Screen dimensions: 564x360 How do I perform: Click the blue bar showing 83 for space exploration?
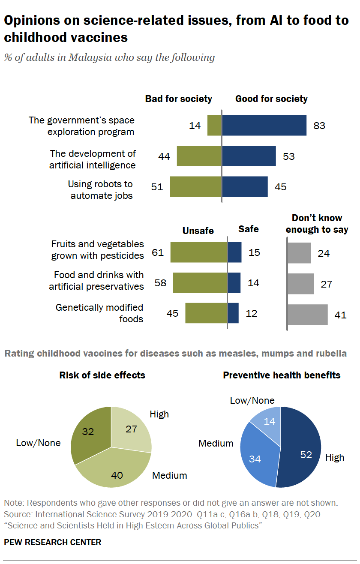pyautogui.click(x=264, y=126)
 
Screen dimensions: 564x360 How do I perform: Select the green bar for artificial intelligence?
pyautogui.click(x=199, y=156)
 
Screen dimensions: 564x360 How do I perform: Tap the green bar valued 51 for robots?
pyautogui.click(x=195, y=187)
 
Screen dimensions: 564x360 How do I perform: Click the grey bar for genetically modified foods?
pyautogui.click(x=307, y=315)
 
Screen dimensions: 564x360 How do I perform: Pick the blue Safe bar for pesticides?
pyautogui.click(x=234, y=252)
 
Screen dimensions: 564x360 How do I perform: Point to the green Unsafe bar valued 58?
pyautogui.click(x=200, y=283)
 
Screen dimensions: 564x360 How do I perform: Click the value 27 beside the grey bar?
pyautogui.click(x=327, y=284)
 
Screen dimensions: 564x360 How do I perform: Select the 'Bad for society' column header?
pyautogui.click(x=178, y=99)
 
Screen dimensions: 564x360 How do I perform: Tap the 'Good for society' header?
pyautogui.click(x=271, y=99)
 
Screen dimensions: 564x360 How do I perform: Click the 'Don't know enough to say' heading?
pyautogui.click(x=317, y=224)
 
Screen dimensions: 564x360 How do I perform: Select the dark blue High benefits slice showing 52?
pyautogui.click(x=302, y=450)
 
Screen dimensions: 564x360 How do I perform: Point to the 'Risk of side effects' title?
pyautogui.click(x=102, y=375)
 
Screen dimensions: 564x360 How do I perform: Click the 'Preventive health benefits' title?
pyautogui.click(x=282, y=375)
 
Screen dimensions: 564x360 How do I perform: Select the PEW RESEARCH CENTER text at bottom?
pyautogui.click(x=53, y=542)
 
